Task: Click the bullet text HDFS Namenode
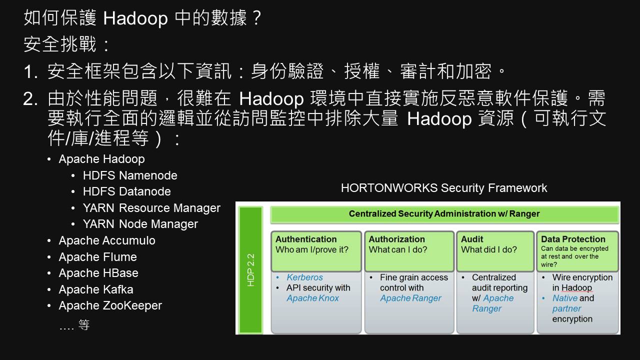130,175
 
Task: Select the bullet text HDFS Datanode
127,191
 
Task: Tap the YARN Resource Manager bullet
151,208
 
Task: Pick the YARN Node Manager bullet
140,224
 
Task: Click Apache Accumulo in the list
107,240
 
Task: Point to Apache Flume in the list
97,257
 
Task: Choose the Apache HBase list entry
98,273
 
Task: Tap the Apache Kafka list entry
96,289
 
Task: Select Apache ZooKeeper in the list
110,305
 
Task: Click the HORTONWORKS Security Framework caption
444,188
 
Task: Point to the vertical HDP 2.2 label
250,269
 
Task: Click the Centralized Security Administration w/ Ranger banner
444,213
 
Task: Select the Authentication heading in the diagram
306,239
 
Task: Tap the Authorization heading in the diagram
397,239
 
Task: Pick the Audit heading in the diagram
472,239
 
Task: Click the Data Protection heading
573,239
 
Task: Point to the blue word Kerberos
304,277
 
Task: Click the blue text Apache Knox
312,298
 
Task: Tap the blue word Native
565,298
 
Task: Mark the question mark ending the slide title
257,17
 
